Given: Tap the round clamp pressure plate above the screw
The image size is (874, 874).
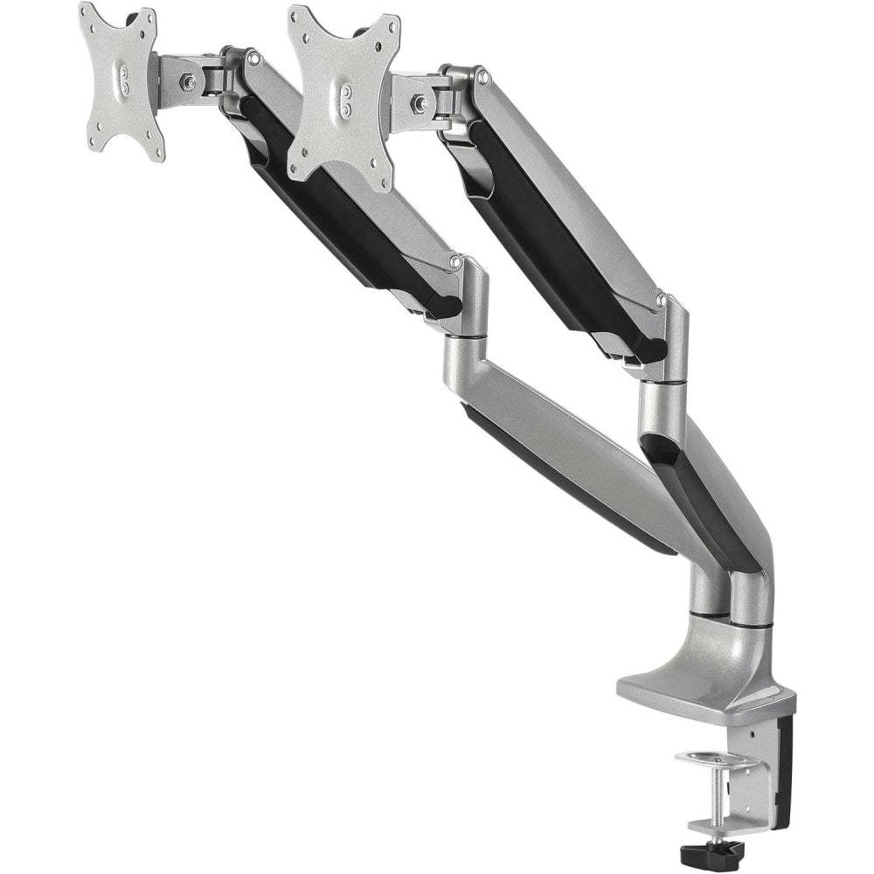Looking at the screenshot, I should pyautogui.click(x=716, y=760).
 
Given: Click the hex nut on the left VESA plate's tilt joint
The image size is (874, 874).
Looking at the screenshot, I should pyautogui.click(x=188, y=82).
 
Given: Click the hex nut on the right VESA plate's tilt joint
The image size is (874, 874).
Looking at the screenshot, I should pyautogui.click(x=421, y=104).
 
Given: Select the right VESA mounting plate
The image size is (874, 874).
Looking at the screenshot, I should pyautogui.click(x=343, y=97).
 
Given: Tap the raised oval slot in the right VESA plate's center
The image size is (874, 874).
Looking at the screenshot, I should pyautogui.click(x=346, y=97).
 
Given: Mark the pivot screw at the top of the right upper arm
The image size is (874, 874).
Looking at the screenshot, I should pyautogui.click(x=481, y=77).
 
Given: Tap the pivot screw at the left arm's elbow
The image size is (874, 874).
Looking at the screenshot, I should pyautogui.click(x=454, y=260).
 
